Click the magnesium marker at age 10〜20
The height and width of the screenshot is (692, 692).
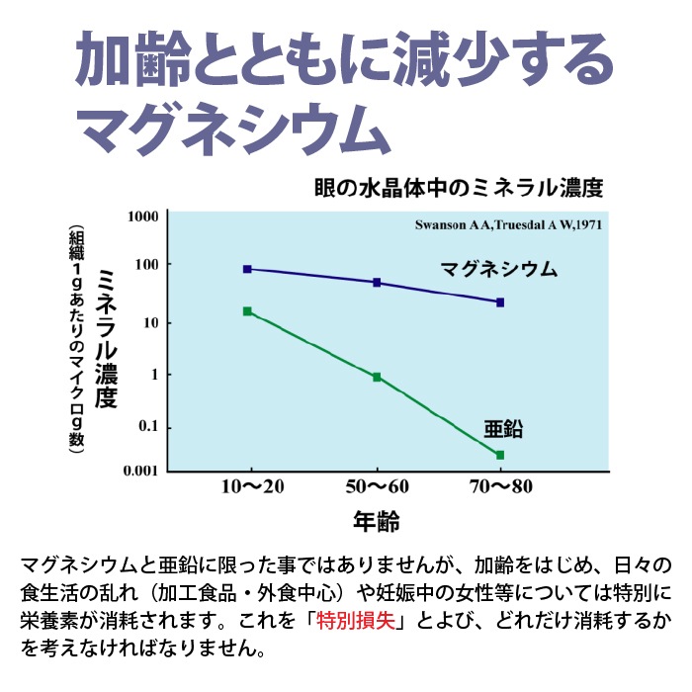point(247,269)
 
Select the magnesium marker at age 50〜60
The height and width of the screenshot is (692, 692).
point(377,283)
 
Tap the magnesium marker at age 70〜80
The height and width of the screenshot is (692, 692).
point(500,303)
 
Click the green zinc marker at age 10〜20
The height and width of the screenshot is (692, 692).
point(247,311)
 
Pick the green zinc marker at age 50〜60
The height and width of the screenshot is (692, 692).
point(377,377)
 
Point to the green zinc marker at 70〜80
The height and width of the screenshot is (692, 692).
point(500,455)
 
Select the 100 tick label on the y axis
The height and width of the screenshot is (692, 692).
point(144,265)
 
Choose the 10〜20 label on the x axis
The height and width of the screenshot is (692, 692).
point(252,487)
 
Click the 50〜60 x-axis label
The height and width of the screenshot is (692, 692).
point(379,487)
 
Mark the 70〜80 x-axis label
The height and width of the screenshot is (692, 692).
point(500,487)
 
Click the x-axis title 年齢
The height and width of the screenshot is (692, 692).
point(376,520)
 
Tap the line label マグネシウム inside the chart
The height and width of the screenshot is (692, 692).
point(499,269)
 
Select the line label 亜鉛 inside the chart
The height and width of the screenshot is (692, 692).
point(503,429)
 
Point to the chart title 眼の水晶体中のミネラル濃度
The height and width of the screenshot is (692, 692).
point(458,188)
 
